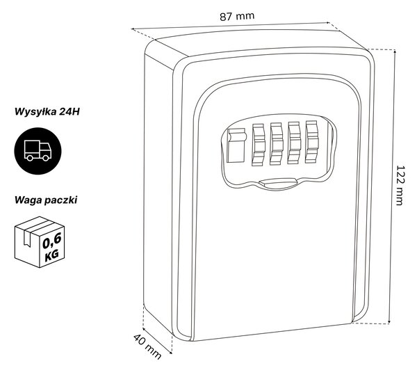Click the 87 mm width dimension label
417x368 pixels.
point(237,16)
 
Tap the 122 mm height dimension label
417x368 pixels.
point(400,185)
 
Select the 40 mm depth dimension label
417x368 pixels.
point(147,346)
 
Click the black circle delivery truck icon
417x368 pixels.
point(38,151)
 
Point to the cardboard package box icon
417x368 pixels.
point(40,242)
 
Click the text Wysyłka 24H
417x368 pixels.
point(47,111)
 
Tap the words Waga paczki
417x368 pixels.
point(46,200)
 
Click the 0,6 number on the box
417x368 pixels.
point(52,241)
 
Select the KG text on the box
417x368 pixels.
point(52,256)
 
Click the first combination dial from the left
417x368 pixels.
point(259,145)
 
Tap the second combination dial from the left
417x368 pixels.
point(276,144)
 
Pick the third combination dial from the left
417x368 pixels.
point(294,143)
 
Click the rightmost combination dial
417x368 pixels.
point(311,142)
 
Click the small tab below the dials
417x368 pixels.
point(278,183)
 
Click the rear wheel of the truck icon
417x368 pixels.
point(30,158)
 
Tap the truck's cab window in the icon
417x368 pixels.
point(45,147)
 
